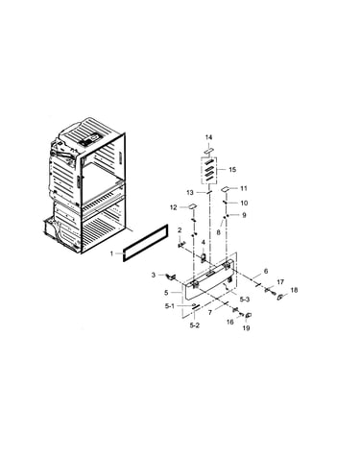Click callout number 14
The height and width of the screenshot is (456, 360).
pos(208,137)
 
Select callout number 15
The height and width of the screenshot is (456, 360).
pos(232,169)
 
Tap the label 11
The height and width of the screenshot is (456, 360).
pos(244,188)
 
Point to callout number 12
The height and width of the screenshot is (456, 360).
pos(174,207)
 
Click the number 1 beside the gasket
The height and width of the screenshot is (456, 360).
pos(111,253)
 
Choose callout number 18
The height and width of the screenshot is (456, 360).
pos(294,290)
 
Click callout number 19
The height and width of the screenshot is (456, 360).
pos(246,328)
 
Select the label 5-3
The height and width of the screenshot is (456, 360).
pos(244,300)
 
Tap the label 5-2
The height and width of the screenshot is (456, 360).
pos(195,325)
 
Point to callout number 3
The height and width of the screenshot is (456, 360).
pos(154,275)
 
